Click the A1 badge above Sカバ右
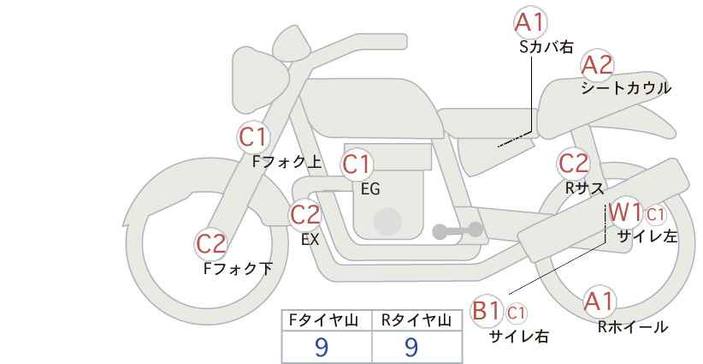tap(530, 21)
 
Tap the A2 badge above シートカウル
tap(597, 65)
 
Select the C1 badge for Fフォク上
tap(254, 136)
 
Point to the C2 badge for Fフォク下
tap(211, 243)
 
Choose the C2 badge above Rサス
tap(573, 163)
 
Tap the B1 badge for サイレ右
tap(487, 310)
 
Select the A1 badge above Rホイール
tap(599, 301)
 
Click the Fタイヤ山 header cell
tap(328, 321)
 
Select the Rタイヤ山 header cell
tap(416, 321)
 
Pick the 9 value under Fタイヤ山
tap(322, 347)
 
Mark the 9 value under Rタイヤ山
tap(411, 347)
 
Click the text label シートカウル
tap(625, 88)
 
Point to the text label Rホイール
tap(632, 326)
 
